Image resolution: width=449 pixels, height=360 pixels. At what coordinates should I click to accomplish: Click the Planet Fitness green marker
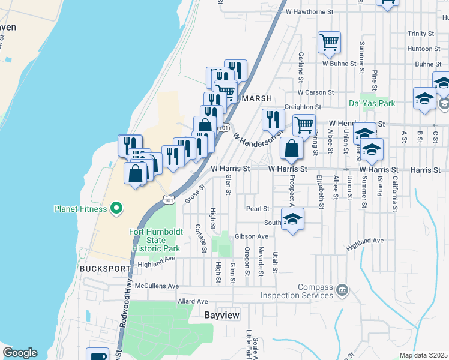[x=116, y=209]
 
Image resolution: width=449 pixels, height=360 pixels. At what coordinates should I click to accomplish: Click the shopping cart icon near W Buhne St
[x=329, y=43]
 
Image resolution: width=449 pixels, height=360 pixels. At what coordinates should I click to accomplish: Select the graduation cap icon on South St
[x=292, y=220]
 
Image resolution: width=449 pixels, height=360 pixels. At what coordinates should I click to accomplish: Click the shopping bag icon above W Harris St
[x=291, y=148]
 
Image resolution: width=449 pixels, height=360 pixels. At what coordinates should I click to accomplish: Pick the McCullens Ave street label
[x=157, y=286]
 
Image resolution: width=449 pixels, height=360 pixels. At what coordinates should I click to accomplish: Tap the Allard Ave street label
[x=193, y=301]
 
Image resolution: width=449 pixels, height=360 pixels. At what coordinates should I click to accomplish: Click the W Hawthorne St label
[x=309, y=11]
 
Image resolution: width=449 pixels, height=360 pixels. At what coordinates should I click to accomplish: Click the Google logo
[x=20, y=353]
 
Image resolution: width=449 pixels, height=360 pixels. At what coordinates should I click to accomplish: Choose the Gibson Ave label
[x=252, y=236]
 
